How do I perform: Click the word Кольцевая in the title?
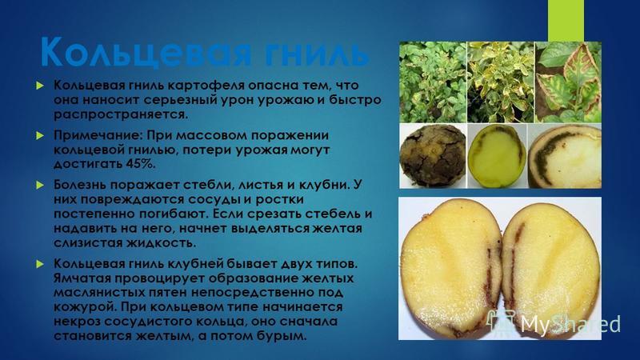(143, 53)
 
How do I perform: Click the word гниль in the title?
(315, 53)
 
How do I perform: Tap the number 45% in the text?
(141, 164)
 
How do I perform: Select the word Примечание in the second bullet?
(98, 135)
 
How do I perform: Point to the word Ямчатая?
(82, 278)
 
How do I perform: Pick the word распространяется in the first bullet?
(122, 114)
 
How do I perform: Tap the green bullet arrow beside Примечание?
(39, 135)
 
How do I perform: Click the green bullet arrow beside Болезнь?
(39, 185)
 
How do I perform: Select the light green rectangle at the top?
(566, 21)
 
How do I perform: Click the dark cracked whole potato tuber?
(433, 156)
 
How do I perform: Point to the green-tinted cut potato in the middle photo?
(497, 156)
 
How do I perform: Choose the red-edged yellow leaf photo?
(568, 82)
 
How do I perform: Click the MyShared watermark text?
(570, 324)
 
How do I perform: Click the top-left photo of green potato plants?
(433, 82)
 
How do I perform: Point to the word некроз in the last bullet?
(77, 322)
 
